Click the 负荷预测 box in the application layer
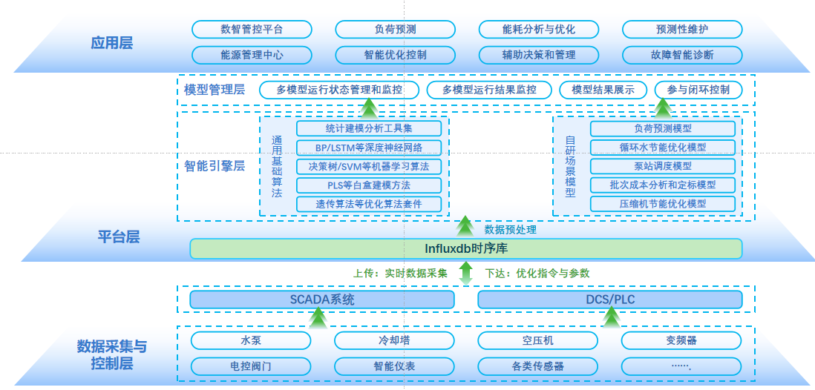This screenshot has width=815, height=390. click(396, 30)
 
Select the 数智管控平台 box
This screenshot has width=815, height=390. click(252, 30)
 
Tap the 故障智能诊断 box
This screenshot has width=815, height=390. click(682, 55)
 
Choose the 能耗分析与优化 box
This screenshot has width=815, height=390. click(539, 30)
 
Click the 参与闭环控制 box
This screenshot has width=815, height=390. click(698, 90)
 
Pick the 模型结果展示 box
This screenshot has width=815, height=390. click(603, 90)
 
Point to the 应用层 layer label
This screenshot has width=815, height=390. click(111, 42)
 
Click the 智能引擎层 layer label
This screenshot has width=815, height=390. click(215, 165)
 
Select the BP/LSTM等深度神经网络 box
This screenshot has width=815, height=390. click(369, 147)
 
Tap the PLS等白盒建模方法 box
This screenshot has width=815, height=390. click(369, 185)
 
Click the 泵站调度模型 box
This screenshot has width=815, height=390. click(663, 166)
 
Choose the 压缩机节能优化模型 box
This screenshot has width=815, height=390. click(663, 204)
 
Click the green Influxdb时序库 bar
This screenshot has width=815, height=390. click(465, 248)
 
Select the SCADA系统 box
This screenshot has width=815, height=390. click(322, 300)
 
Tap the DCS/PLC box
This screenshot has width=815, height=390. click(609, 300)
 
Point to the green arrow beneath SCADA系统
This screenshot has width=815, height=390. click(318, 318)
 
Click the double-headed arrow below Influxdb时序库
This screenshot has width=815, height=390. click(465, 274)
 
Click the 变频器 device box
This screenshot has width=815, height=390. click(681, 340)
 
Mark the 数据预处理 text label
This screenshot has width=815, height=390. click(510, 230)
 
